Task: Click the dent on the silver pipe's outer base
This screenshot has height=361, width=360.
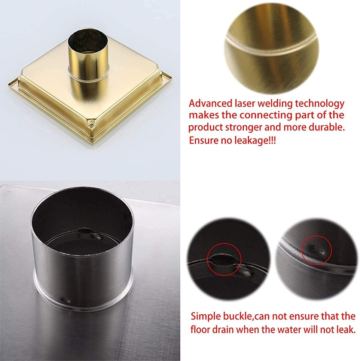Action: pyautogui.click(x=64, y=299)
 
